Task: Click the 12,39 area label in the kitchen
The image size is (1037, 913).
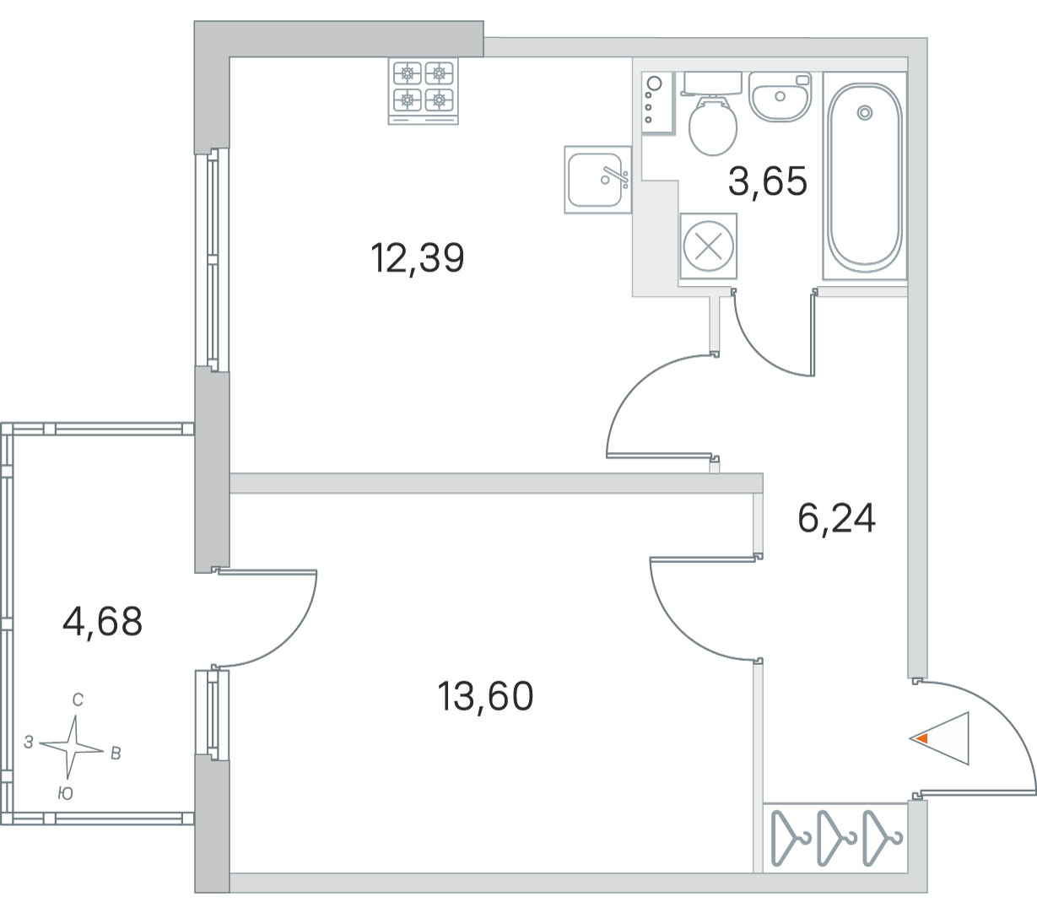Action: [417, 258]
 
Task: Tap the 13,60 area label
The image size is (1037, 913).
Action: [485, 696]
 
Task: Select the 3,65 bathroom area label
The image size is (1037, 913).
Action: [768, 181]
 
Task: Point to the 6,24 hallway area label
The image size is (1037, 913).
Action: [836, 519]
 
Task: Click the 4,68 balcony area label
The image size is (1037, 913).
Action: [102, 622]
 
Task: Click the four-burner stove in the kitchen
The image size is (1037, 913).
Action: [423, 91]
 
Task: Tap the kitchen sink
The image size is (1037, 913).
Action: [598, 180]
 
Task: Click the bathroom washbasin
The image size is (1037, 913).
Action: [780, 97]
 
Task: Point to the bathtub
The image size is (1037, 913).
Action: [865, 176]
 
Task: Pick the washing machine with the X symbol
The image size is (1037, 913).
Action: [709, 246]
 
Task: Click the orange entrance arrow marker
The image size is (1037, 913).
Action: [922, 738]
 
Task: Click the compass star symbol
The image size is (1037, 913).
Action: [73, 748]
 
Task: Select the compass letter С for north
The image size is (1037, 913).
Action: [78, 700]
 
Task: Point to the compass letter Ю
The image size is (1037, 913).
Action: [66, 793]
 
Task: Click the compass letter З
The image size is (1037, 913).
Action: [29, 742]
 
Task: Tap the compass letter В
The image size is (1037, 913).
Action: [116, 754]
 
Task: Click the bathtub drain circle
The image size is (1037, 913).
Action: [865, 112]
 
